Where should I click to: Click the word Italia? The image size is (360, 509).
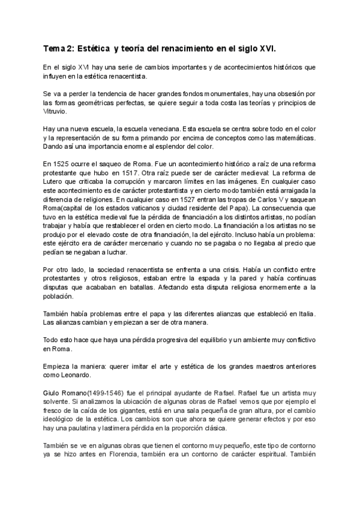(x=305, y=314)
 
